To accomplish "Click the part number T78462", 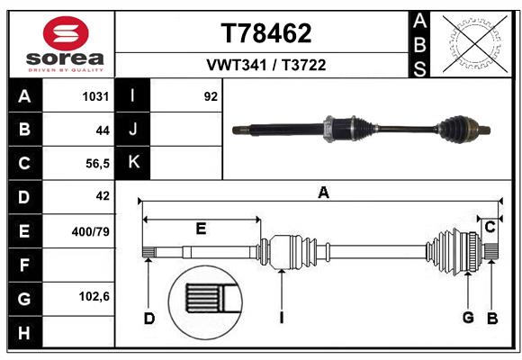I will click(x=266, y=33).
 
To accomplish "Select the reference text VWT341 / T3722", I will click(x=266, y=65).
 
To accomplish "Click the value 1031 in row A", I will click(x=96, y=95).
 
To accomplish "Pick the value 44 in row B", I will click(x=103, y=130).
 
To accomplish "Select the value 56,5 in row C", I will click(x=96, y=163).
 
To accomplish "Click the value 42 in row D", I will click(x=103, y=196).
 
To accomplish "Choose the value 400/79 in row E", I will click(x=91, y=231).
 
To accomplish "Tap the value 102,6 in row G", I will click(x=94, y=296).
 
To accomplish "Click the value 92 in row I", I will click(x=211, y=95).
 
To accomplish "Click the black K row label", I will click(x=133, y=163).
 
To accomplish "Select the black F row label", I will click(x=24, y=265).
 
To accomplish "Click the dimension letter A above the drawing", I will click(x=323, y=192).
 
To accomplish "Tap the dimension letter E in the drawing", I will click(x=201, y=229).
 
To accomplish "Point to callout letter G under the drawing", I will click(x=468, y=317).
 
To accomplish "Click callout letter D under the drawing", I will click(x=148, y=317).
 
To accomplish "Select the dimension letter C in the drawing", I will click(x=490, y=227).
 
